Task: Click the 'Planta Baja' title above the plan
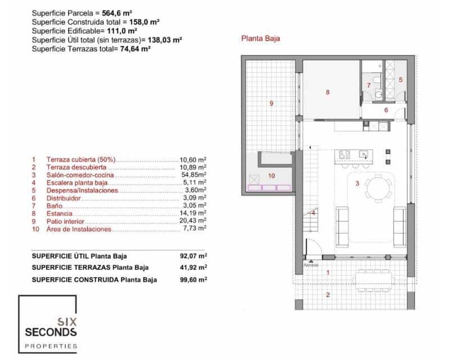click(x=260, y=39)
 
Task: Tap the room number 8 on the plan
click(x=327, y=92)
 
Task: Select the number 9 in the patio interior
click(x=271, y=103)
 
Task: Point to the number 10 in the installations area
click(x=271, y=175)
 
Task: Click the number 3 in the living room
click(x=357, y=183)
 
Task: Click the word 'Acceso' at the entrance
click(x=310, y=263)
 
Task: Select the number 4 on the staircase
click(x=313, y=213)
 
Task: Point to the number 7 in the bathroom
click(x=369, y=85)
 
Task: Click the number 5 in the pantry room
click(x=400, y=80)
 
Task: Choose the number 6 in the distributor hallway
click(x=386, y=110)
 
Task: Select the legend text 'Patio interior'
click(x=65, y=221)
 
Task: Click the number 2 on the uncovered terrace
click(x=328, y=294)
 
